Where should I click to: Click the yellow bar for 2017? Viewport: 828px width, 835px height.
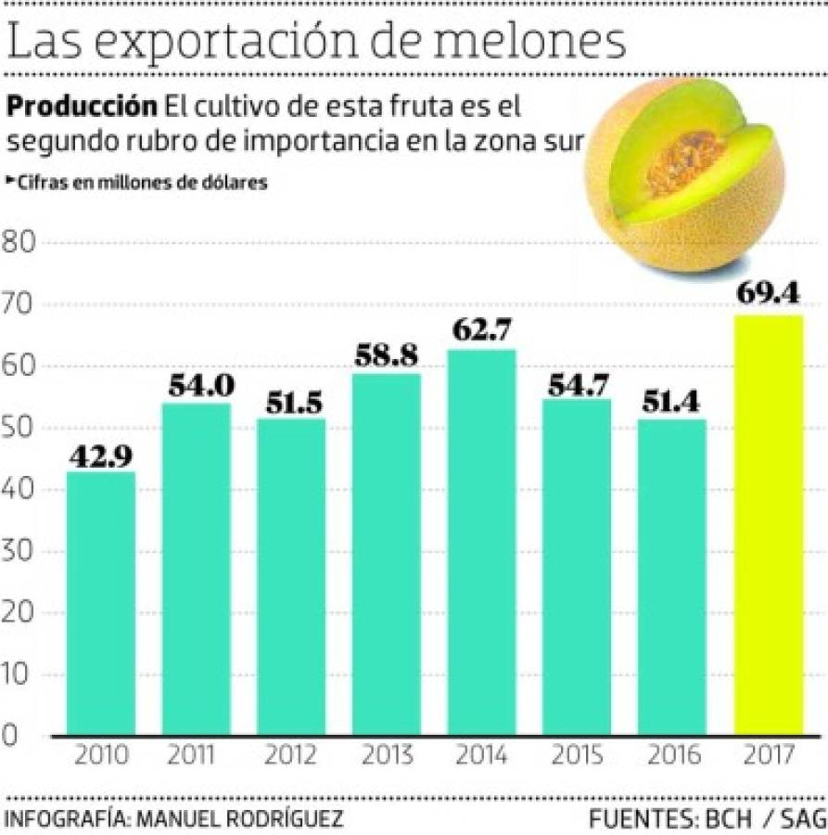click(768, 524)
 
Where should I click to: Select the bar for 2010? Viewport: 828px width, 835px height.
click(101, 603)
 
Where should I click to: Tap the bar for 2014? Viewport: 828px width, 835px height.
click(481, 542)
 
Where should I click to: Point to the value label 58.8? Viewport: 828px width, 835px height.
click(386, 355)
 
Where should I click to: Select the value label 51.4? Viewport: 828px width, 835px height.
click(671, 401)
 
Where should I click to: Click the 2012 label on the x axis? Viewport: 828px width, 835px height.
click(291, 755)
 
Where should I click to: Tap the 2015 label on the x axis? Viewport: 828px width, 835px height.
click(577, 755)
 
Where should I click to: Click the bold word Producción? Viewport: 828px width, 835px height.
click(82, 106)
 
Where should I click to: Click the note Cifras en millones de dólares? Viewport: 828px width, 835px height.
click(139, 183)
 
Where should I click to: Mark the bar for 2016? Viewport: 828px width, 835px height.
click(671, 575)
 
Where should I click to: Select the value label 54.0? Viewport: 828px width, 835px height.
click(197, 385)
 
